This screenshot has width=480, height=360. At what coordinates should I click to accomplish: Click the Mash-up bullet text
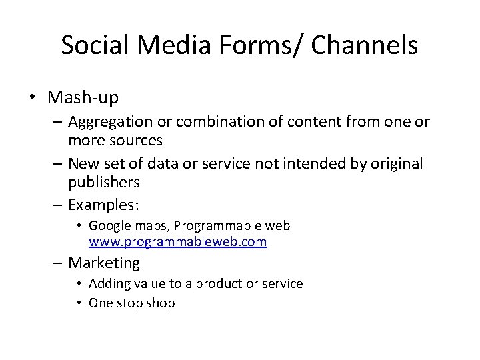pyautogui.click(x=83, y=98)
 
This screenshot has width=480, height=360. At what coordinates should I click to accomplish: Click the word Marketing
pyautogui.click(x=104, y=263)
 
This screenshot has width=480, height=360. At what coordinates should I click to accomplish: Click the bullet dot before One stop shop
pyautogui.click(x=79, y=303)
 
